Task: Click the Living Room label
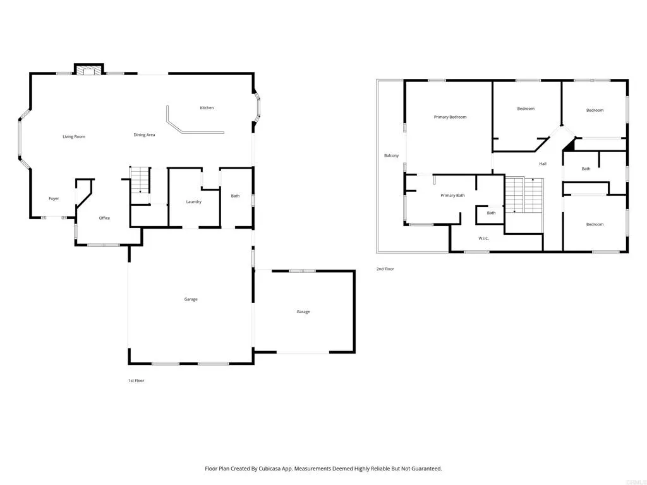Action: click(x=74, y=136)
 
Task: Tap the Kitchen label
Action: click(x=207, y=108)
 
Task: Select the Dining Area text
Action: click(x=144, y=135)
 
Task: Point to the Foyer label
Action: click(x=54, y=199)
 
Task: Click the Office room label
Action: click(x=104, y=218)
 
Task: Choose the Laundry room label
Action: click(x=193, y=201)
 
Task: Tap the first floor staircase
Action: click(x=140, y=181)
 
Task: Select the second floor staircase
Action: click(x=524, y=196)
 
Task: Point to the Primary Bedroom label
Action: click(x=450, y=117)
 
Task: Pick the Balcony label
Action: click(x=391, y=155)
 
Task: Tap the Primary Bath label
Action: click(x=452, y=195)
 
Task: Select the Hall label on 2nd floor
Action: click(x=543, y=164)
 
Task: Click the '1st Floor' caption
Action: click(x=136, y=381)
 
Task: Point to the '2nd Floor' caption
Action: click(x=385, y=269)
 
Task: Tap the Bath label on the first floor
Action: click(x=235, y=196)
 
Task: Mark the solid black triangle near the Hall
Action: click(x=569, y=145)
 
